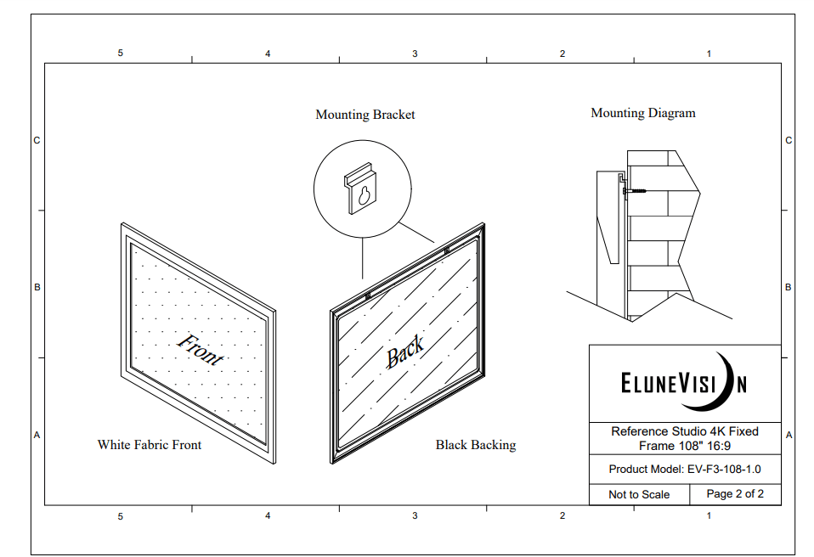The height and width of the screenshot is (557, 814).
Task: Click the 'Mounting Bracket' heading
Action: click(x=365, y=115)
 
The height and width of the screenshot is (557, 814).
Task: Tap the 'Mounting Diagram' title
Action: click(x=642, y=113)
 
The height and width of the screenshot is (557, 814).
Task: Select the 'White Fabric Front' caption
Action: click(x=149, y=444)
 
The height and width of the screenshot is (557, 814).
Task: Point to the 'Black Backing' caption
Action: click(x=476, y=445)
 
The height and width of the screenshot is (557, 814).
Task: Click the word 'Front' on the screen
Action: click(x=201, y=349)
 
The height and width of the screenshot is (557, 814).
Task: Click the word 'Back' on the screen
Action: click(x=405, y=352)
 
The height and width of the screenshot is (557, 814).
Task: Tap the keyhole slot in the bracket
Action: click(x=364, y=195)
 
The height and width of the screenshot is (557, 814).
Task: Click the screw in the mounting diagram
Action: click(x=635, y=191)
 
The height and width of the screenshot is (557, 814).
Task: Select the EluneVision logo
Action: click(x=684, y=383)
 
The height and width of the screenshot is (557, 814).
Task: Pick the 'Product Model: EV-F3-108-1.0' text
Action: click(x=685, y=470)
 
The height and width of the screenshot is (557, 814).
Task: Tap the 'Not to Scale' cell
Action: click(x=639, y=495)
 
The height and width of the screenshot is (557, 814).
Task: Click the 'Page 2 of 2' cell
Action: click(x=735, y=494)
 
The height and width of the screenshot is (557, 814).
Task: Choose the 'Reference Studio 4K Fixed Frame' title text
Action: click(x=685, y=438)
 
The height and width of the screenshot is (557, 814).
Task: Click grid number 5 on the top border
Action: click(x=121, y=53)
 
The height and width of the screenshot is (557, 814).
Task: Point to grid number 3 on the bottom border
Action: click(x=415, y=515)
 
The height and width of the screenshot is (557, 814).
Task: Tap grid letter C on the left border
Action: click(x=37, y=141)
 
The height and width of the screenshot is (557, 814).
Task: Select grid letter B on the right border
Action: click(x=788, y=287)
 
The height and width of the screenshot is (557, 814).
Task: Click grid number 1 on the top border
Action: click(x=709, y=53)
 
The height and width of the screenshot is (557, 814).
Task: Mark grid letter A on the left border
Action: click(x=37, y=435)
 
